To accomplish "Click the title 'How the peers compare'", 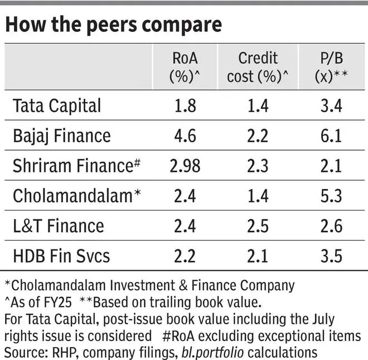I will click(113, 25).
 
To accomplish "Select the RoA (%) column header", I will click(185, 67).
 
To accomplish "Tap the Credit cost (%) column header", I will click(259, 67).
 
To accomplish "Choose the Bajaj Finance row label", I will click(61, 136).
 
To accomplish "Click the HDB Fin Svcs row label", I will click(61, 256).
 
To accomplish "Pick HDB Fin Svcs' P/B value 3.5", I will click(332, 257).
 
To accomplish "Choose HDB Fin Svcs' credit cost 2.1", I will click(259, 257).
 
